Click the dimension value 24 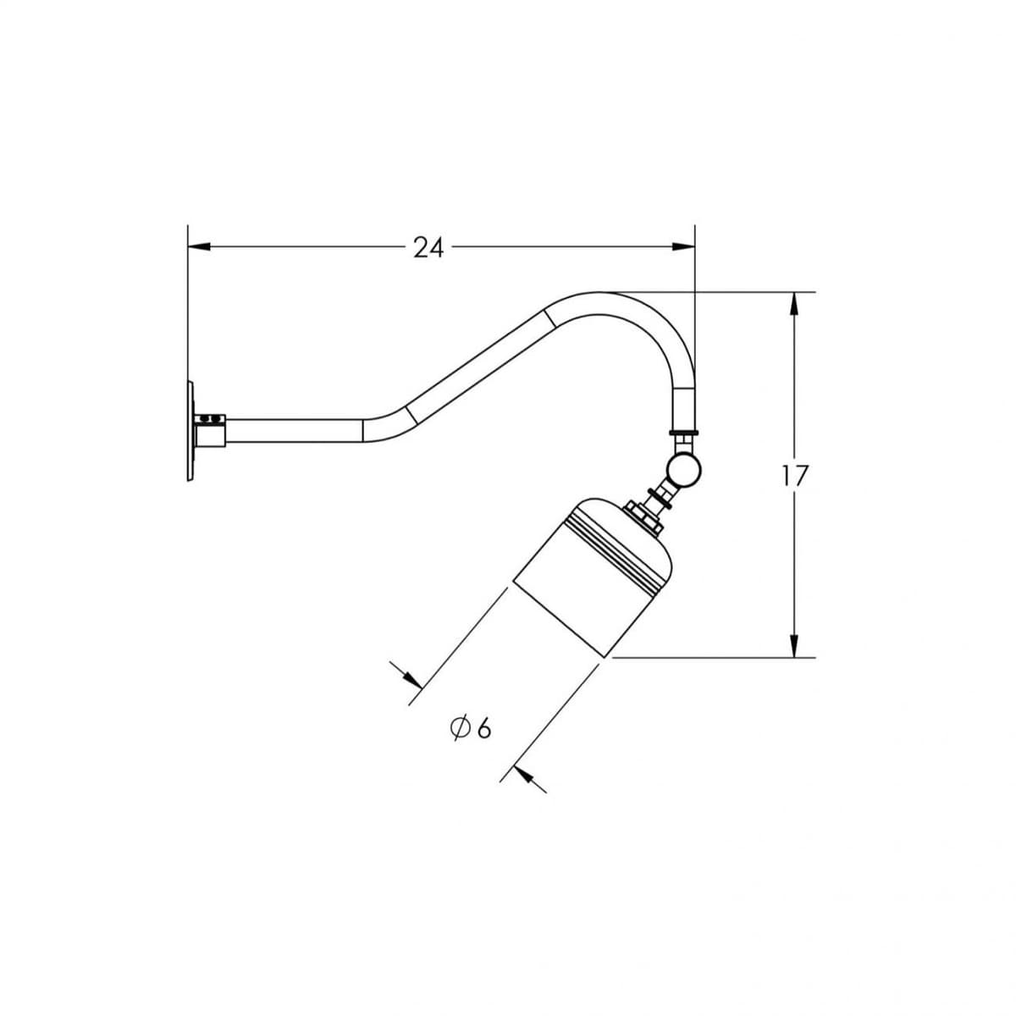tap(428, 247)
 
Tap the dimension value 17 tap(796, 476)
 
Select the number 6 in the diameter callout tap(483, 727)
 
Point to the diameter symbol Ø tap(461, 727)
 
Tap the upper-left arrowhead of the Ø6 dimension tap(411, 678)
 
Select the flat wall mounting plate tap(190, 432)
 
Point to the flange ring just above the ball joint tap(682, 434)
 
